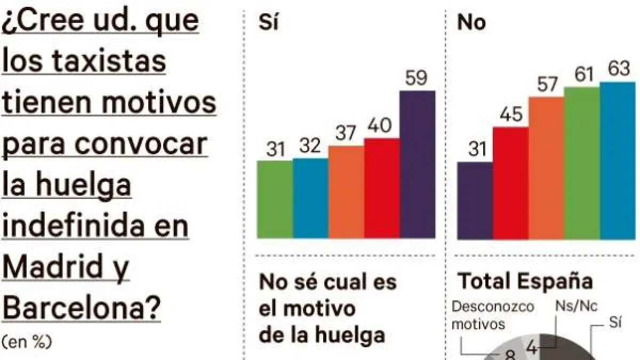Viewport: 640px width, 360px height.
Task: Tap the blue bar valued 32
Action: [310, 198]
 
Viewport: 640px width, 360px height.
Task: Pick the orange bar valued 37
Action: [346, 191]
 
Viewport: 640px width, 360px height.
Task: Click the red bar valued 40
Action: [382, 188]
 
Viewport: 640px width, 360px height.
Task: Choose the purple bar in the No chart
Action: [475, 200]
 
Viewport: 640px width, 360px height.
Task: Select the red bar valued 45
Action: [510, 182]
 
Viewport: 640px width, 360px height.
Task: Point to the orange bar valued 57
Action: [546, 167]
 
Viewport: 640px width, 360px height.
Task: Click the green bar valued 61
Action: [582, 163]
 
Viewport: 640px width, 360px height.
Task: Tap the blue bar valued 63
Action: [618, 160]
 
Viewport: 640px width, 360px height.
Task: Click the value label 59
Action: [417, 78]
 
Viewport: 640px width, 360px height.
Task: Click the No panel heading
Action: [471, 23]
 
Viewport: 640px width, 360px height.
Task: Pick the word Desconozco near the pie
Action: [492, 308]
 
